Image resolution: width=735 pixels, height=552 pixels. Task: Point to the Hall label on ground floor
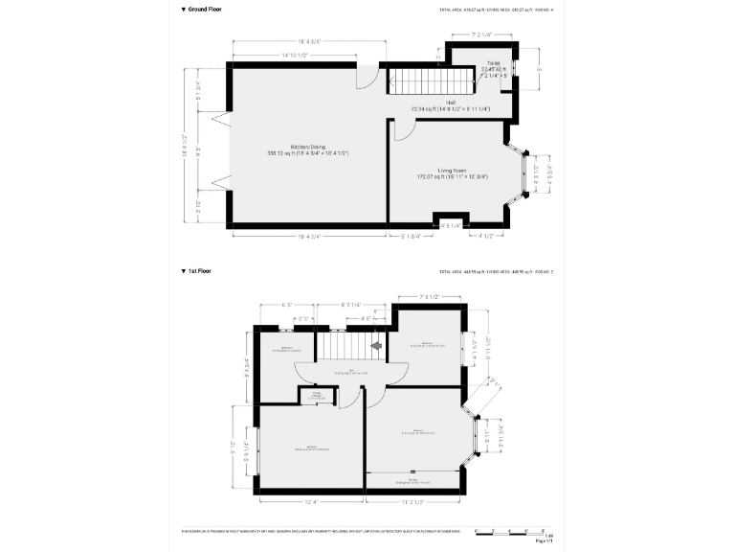450,106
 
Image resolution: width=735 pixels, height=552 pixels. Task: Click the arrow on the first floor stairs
376,344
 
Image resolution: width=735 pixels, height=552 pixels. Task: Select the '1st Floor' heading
197,271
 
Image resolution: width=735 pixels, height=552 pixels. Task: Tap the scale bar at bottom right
512,529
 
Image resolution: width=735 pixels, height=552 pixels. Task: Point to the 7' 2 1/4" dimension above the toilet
481,35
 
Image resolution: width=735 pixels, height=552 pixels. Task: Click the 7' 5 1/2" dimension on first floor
429,297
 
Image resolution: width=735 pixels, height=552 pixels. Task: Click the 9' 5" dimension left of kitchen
197,150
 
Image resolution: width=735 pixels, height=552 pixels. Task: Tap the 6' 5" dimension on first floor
286,305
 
